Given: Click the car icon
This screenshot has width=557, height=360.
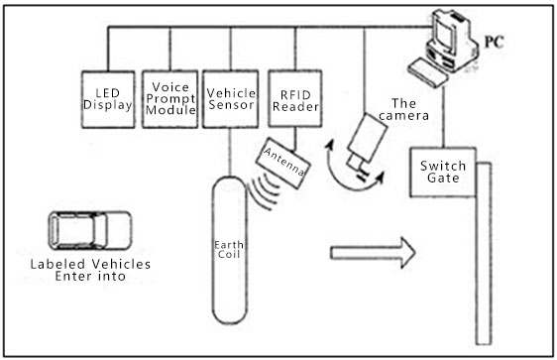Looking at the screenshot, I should coord(90,230).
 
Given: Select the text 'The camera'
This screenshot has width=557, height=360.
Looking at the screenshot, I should coord(409,109).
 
